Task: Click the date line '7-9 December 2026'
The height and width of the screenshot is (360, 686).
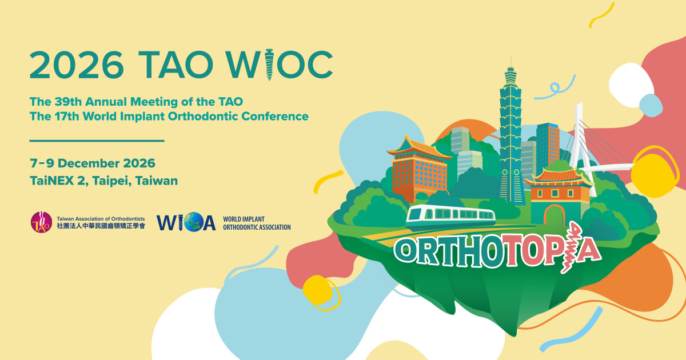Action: (92, 163)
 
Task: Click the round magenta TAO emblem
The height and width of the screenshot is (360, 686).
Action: (41, 222)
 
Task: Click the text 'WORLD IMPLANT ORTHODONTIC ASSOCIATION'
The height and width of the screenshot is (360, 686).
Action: (256, 223)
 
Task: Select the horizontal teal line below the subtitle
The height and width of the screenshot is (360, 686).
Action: (97, 140)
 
